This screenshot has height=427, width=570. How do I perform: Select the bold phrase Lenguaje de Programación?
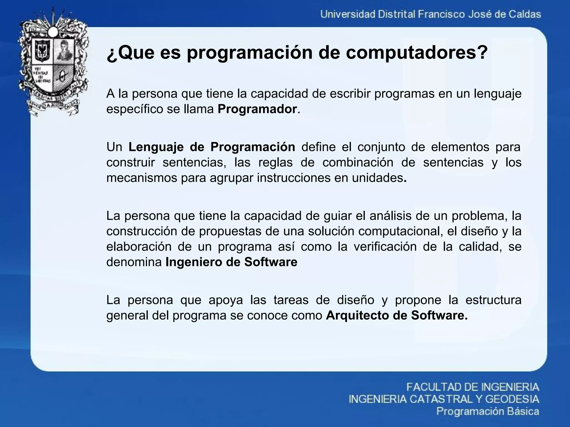tap(212, 147)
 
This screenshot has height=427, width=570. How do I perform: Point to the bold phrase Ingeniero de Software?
tap(231, 262)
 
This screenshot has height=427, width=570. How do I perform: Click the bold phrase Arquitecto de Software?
tap(397, 316)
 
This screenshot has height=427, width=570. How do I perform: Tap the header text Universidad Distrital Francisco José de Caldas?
tap(431, 14)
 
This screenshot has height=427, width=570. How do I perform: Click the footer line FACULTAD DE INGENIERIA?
tap(473, 387)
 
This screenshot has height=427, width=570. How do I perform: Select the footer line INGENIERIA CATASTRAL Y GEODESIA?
tap(444, 399)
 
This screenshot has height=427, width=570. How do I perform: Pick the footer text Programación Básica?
tap(488, 411)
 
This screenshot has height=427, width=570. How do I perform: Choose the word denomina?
tap(134, 262)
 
